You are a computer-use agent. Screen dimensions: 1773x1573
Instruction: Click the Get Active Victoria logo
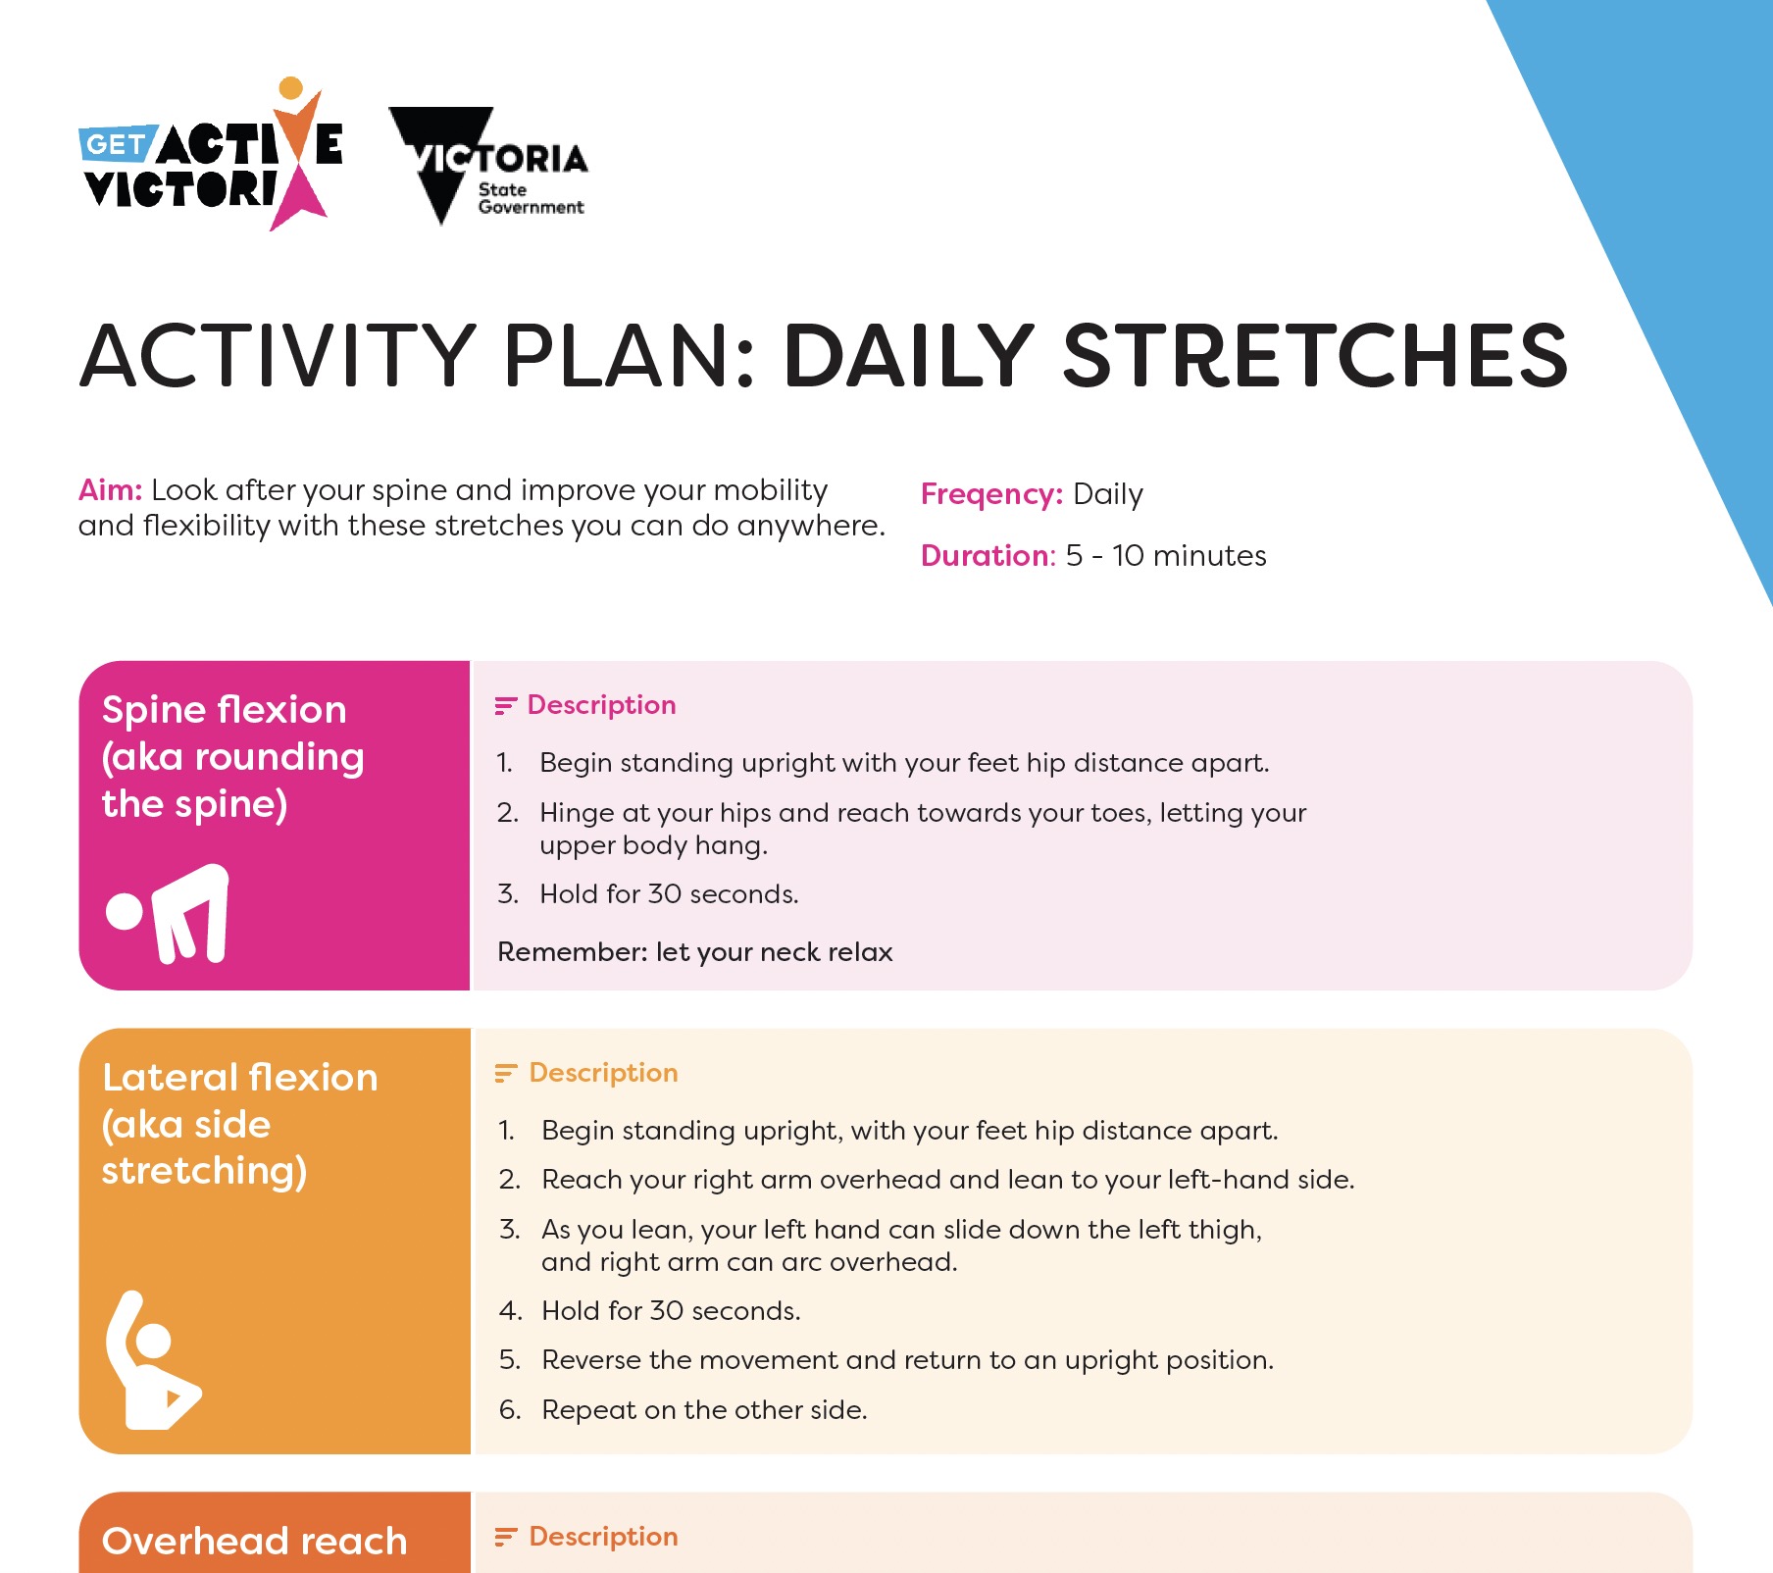[x=211, y=154]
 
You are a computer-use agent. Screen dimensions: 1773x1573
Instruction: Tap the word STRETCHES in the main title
[x=1315, y=355]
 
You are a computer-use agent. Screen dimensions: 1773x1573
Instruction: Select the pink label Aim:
[x=111, y=489]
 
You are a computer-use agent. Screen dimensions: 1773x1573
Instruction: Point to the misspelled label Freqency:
[x=991, y=494]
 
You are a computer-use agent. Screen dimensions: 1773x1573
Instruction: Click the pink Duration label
[x=987, y=555]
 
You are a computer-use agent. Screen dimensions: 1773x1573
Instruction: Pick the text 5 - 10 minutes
[x=1166, y=555]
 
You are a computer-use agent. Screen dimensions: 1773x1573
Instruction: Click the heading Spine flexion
[x=225, y=709]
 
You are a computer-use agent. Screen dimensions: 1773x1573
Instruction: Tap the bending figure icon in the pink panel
[x=168, y=913]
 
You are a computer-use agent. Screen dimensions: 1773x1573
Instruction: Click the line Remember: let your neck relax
[x=695, y=951]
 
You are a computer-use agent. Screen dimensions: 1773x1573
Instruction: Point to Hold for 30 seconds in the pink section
[x=669, y=893]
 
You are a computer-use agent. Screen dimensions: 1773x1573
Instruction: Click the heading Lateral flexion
[x=240, y=1077]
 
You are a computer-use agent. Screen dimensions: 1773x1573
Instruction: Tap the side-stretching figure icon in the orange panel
[x=153, y=1359]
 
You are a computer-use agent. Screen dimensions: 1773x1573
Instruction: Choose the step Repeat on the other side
[x=704, y=1409]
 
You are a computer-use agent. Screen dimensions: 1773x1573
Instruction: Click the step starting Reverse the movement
[x=907, y=1360]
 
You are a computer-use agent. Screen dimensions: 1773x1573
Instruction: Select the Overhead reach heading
[x=254, y=1541]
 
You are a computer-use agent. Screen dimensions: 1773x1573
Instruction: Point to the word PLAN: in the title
[x=630, y=355]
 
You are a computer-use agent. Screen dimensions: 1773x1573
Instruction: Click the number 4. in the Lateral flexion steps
[x=510, y=1311]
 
